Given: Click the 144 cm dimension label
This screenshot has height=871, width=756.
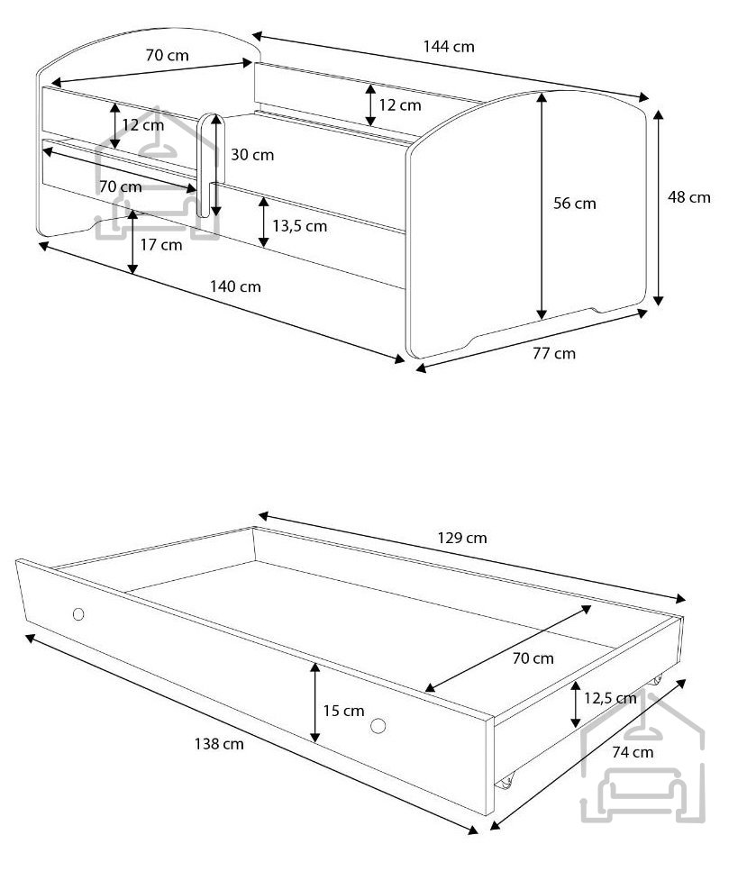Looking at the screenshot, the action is (449, 47).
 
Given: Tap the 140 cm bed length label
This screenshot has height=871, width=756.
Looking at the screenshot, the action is (235, 286).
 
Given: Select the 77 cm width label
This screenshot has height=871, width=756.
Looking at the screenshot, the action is (554, 353).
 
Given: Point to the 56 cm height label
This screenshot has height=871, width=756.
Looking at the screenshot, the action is (575, 204).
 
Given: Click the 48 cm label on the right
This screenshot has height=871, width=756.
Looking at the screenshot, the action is (689, 197).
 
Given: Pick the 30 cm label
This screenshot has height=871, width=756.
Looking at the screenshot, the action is (252, 154).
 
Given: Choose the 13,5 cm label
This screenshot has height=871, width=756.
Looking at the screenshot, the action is (300, 226).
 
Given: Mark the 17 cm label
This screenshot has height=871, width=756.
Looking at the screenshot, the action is (161, 245).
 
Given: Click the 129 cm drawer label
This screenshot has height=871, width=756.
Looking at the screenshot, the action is (462, 538).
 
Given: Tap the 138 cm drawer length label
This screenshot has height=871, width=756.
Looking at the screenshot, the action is (219, 744).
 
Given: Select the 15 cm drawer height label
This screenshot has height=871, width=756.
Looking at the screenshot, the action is (343, 711).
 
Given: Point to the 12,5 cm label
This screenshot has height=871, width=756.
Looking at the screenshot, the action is (610, 698).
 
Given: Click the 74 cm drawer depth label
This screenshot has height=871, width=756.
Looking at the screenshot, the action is (633, 752).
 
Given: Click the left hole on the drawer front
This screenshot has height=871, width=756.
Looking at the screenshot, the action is (78, 613).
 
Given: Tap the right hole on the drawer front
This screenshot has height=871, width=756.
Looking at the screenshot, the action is (378, 725).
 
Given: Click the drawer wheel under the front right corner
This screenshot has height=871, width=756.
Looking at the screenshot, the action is (505, 781).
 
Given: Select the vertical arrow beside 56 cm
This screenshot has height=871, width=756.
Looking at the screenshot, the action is (542, 206).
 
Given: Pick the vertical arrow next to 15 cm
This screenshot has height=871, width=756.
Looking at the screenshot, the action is (315, 703).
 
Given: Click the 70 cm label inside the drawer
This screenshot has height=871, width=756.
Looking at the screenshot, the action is (533, 658).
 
